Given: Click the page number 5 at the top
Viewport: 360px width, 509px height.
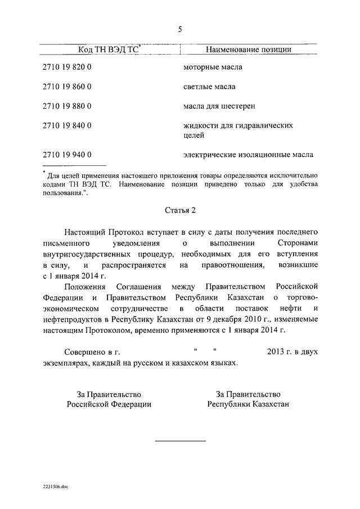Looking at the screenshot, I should tap(180, 29).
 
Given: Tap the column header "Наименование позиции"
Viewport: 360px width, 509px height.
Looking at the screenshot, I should tap(248, 50).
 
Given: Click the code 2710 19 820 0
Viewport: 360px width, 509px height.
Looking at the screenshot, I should tap(67, 68).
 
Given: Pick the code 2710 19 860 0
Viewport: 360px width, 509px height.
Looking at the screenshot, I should tap(67, 87).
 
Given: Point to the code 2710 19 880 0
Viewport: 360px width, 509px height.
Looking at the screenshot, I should tap(67, 105).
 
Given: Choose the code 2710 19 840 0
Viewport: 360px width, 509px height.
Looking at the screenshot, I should tap(67, 125).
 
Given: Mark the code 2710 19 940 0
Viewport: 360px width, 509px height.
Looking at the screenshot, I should tap(67, 154).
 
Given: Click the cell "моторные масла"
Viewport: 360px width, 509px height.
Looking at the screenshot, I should tap(213, 68).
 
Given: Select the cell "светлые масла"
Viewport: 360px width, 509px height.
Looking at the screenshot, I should tap(210, 87).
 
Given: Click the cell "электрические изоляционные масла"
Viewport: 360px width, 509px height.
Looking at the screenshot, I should tap(248, 154).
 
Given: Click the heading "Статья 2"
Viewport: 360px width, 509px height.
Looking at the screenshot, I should tap(180, 210).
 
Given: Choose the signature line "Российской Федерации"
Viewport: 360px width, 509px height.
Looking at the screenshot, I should tap(109, 404).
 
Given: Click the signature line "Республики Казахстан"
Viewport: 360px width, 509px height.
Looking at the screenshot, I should tap(248, 404).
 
